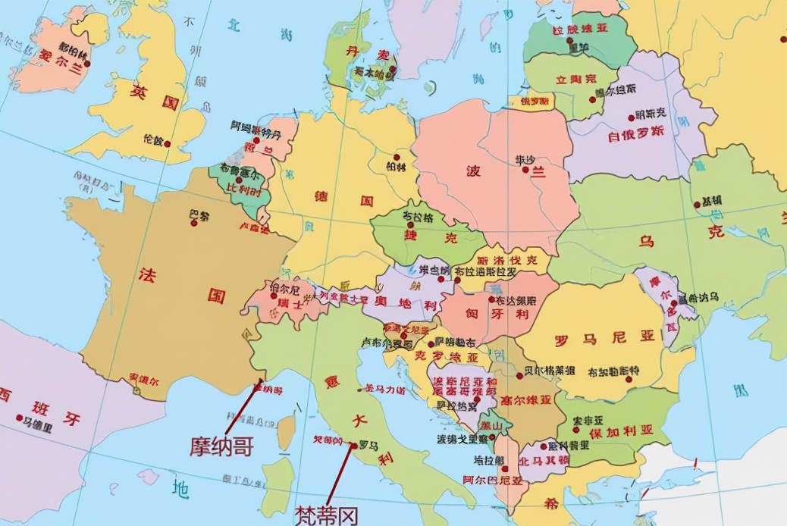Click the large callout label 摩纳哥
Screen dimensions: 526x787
[x=221, y=446]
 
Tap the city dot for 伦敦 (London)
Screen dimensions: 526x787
[x=168, y=142]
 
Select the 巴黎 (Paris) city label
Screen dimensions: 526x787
[x=199, y=214]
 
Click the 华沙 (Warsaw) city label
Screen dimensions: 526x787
[x=525, y=160]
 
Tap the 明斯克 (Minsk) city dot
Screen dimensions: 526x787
[x=631, y=117]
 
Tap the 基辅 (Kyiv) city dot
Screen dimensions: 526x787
[x=697, y=204]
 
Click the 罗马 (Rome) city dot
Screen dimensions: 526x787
[x=353, y=446]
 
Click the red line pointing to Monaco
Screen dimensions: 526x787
[x=243, y=409]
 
